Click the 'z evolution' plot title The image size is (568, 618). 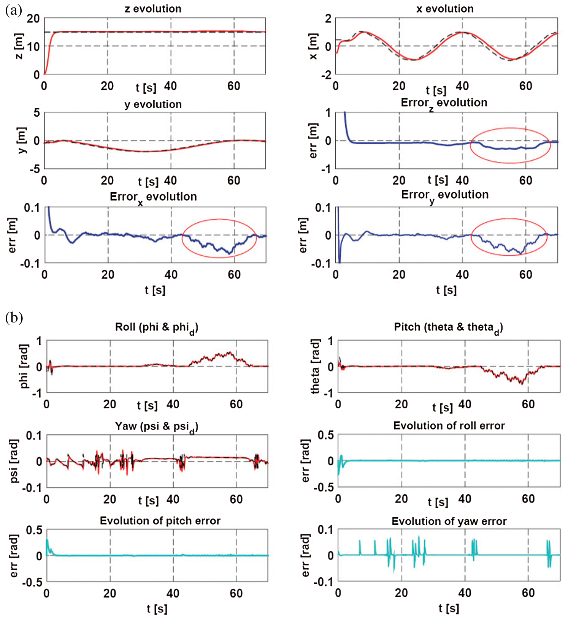153,9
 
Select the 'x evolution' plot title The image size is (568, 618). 444,9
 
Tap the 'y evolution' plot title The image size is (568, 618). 153,104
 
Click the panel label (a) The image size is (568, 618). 14,10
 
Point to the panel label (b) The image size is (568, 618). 14,318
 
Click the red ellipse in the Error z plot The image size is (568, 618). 510,128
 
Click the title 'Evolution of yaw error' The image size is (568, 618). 449,521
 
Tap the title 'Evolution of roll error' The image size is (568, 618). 449,426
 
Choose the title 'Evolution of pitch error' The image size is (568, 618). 160,521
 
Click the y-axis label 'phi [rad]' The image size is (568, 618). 24,366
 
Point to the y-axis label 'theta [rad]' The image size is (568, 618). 315,366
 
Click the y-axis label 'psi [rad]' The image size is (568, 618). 14,461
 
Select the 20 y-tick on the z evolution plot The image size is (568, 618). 33,18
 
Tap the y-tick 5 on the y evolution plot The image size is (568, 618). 36,113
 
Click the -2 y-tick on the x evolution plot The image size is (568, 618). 326,75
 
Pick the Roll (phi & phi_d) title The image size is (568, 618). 157,328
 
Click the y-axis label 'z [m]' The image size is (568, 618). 19,46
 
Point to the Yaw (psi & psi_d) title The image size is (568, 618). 157,427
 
